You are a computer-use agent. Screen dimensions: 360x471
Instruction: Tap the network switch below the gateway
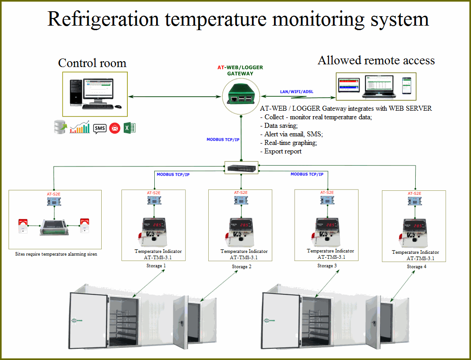(x=241, y=168)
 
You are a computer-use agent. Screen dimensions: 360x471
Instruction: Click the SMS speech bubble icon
(x=99, y=128)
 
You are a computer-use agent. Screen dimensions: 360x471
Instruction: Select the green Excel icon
(x=130, y=128)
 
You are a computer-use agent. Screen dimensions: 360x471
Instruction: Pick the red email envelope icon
(x=115, y=128)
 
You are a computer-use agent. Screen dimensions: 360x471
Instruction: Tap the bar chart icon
(x=80, y=128)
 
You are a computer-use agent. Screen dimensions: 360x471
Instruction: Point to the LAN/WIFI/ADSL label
(x=296, y=92)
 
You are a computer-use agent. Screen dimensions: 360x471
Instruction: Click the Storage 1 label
(x=156, y=265)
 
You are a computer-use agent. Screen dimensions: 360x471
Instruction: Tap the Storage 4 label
(x=414, y=266)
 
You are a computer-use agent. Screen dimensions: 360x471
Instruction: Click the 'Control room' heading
(x=92, y=63)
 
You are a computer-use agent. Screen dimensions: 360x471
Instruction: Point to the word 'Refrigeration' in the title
(x=103, y=19)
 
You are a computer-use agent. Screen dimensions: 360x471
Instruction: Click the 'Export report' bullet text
(x=283, y=151)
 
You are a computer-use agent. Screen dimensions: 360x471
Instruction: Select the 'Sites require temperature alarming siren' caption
(x=56, y=254)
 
